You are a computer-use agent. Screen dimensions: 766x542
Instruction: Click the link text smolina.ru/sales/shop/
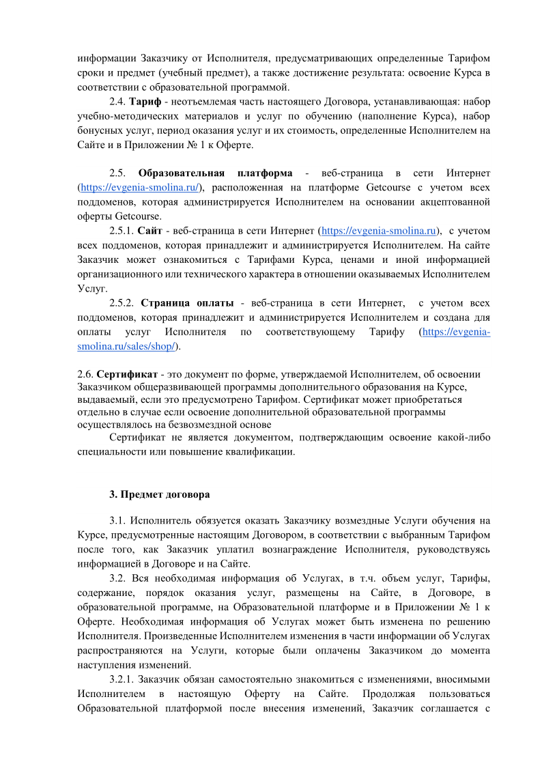pyautogui.click(x=127, y=346)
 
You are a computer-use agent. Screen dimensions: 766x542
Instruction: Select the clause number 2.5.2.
pyautogui.click(x=123, y=302)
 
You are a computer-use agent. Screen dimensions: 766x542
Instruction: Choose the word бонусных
pyautogui.click(x=98, y=130)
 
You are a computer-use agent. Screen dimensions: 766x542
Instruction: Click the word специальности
pyautogui.click(x=110, y=451)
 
